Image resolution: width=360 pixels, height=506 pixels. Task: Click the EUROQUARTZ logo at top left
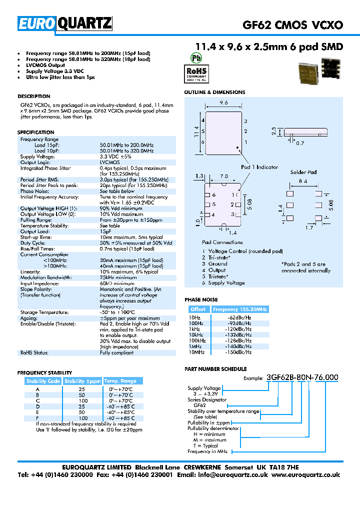pyautogui.click(x=65, y=23)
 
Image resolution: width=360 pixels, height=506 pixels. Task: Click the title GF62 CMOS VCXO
pyautogui.click(x=292, y=24)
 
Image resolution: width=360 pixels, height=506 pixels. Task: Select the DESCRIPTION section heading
pyautogui.click(x=33, y=96)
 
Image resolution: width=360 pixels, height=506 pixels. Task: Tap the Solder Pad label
pyautogui.click(x=303, y=172)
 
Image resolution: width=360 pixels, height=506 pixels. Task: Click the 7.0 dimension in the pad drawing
pyautogui.click(x=223, y=176)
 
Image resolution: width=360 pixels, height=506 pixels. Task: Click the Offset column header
pyautogui.click(x=198, y=309)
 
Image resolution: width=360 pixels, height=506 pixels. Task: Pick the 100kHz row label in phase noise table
pyautogui.click(x=196, y=340)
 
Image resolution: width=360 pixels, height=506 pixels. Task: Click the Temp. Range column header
pyautogui.click(x=120, y=381)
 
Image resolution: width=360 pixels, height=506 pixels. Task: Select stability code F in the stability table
pyautogui.click(x=37, y=417)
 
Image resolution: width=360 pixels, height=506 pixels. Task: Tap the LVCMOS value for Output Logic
pyautogui.click(x=109, y=162)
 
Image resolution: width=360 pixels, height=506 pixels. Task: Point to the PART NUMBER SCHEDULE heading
pyautogui.click(x=215, y=368)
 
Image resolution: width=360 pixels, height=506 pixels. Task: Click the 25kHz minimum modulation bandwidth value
pyautogui.click(x=118, y=277)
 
